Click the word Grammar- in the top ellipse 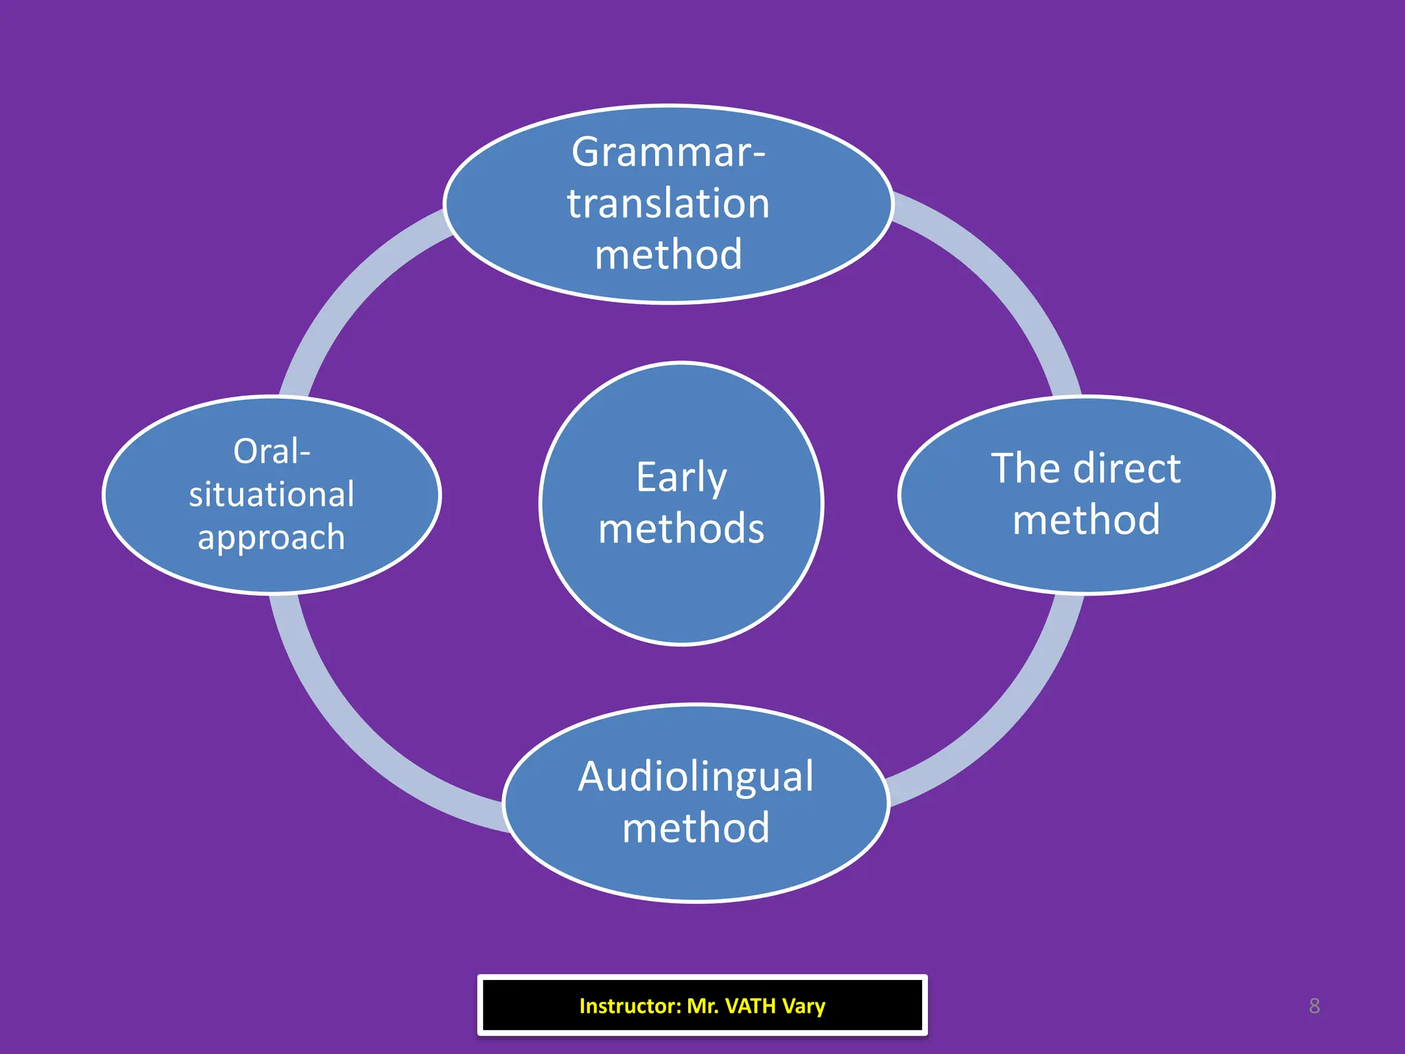668,152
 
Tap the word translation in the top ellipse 668,204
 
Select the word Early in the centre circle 681,478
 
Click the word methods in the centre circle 681,529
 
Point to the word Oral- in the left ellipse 272,452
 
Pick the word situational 272,495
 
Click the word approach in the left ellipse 272,537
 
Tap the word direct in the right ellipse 1126,469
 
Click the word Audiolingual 696,777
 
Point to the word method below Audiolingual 696,828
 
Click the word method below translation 668,255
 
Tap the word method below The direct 1086,520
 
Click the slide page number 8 1314,1006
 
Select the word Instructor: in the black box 630,1006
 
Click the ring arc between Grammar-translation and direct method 995,274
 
